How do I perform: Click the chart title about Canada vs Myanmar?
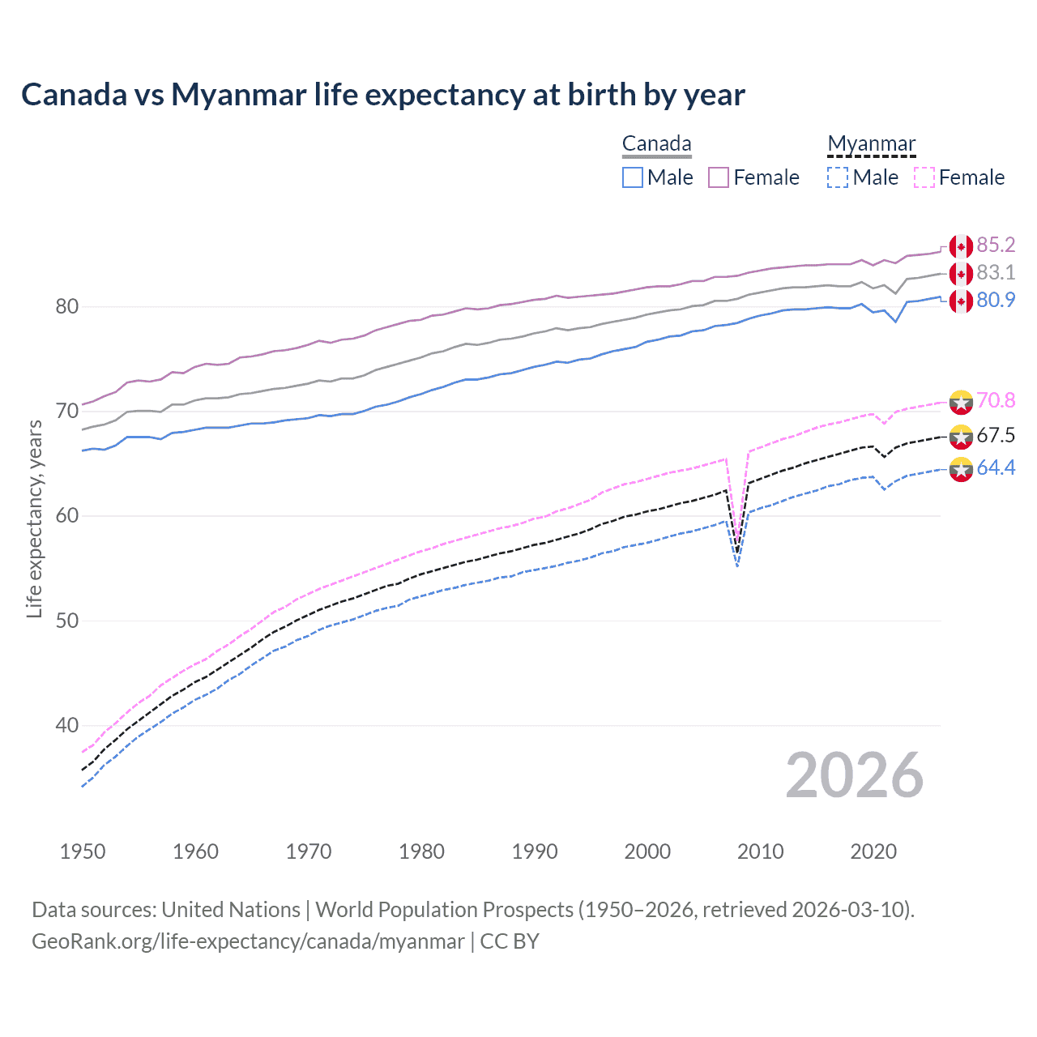tap(382, 95)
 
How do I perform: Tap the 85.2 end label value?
tap(996, 245)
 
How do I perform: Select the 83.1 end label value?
tap(996, 273)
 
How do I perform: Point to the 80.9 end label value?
tap(996, 301)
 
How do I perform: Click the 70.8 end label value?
tap(996, 401)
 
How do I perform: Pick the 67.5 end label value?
tap(996, 436)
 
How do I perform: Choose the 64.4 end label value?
tap(996, 468)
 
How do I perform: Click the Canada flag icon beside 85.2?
tap(961, 246)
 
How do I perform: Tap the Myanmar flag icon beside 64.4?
tap(961, 469)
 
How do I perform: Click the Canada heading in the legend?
tap(656, 144)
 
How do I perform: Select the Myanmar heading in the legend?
tap(871, 144)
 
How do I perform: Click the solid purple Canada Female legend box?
tap(719, 177)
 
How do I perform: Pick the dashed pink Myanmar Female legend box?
tap(924, 177)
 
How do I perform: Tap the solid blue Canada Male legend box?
tap(633, 177)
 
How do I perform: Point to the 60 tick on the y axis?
tap(66, 516)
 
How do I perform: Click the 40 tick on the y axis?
tap(66, 725)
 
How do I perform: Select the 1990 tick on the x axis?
tap(535, 851)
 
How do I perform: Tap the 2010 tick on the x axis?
tap(760, 851)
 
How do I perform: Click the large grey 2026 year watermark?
tap(855, 776)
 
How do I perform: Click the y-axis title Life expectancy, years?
tap(34, 518)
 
